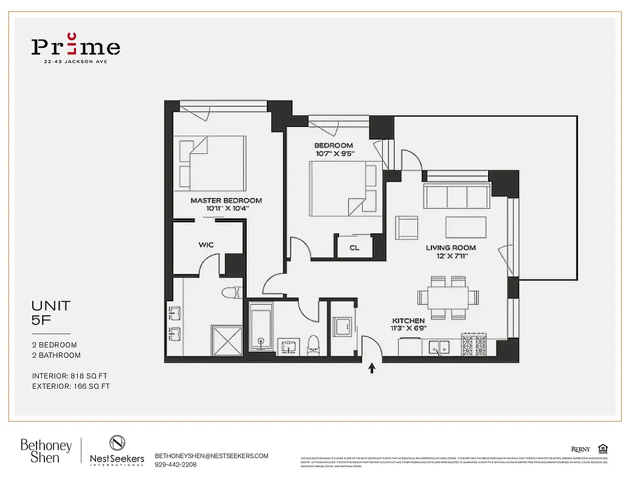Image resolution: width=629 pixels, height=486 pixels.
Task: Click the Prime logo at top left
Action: coord(75,47)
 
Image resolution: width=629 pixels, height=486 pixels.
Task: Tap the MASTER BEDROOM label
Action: coord(226,200)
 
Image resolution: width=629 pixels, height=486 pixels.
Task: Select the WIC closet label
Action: coord(205,245)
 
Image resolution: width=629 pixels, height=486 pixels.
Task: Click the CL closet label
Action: coord(354,248)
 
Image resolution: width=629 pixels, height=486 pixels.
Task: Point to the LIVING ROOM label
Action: coord(450,248)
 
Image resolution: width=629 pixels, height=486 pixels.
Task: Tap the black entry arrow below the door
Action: coord(372,368)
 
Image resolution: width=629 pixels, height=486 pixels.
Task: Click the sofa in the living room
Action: coord(456,196)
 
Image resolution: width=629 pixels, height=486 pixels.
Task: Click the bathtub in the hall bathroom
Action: coord(262,327)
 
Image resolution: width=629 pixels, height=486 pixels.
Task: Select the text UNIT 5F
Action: coord(51,313)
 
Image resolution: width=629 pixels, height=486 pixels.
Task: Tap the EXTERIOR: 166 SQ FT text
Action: coord(71,386)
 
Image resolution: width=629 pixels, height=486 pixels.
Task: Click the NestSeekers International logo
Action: coord(117,451)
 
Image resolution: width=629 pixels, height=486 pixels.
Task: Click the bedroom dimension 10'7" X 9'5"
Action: coord(334,154)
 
